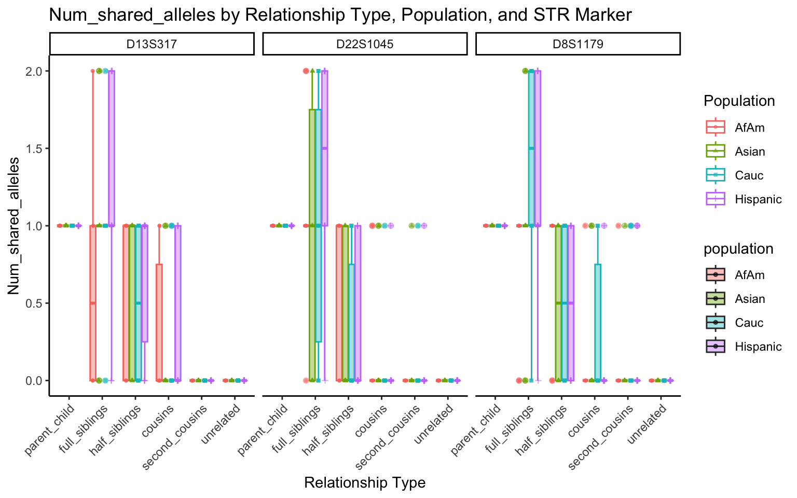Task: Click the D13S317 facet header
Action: point(152,44)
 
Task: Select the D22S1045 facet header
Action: point(365,44)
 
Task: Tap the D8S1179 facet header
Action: point(578,44)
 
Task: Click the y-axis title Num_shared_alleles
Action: point(13,226)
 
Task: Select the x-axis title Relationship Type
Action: point(365,483)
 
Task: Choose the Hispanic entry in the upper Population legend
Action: point(758,200)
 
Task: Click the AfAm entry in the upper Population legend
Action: point(749,128)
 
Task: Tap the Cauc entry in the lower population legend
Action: point(749,323)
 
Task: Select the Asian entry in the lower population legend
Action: point(750,299)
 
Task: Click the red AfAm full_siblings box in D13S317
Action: point(93,303)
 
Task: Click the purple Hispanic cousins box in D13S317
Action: point(178,303)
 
